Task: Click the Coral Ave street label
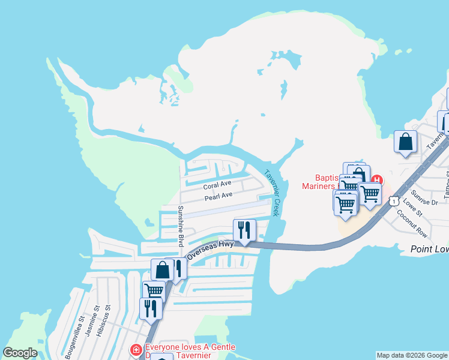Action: [x=217, y=184]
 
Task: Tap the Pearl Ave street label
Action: [x=218, y=196]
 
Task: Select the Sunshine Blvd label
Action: [x=180, y=226]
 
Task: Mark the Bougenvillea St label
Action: [x=75, y=339]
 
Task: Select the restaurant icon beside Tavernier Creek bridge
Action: [x=244, y=230]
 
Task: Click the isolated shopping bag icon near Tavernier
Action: [x=406, y=142]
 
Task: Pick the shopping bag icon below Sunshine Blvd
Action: [x=162, y=269]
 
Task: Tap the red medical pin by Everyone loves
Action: [x=136, y=349]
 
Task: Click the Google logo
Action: [x=20, y=353]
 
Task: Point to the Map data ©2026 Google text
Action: [x=412, y=355]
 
